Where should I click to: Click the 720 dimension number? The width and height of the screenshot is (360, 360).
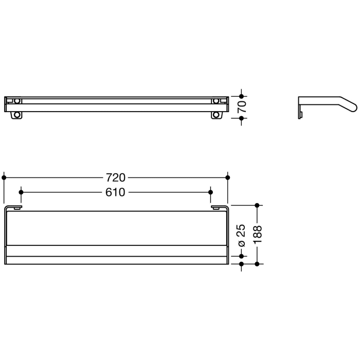[116, 177]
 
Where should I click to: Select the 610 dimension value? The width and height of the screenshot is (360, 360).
[116, 192]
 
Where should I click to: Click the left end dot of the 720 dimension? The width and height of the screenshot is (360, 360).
[4, 177]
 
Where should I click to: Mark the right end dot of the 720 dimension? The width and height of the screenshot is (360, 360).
[227, 177]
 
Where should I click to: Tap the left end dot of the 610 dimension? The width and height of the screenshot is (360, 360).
[21, 192]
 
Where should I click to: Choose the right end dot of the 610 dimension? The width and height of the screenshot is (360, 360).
[210, 192]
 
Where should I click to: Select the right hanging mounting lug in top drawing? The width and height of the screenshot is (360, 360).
[215, 115]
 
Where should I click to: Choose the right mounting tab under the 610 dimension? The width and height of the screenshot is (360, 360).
[218, 208]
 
